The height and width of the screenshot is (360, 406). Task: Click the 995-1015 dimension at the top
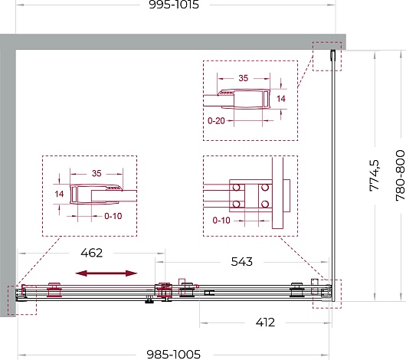pos(174,5)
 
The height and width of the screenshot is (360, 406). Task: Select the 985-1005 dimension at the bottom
pos(173,355)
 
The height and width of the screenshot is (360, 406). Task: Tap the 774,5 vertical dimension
pos(375,175)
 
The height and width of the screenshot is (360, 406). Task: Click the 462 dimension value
pos(92,253)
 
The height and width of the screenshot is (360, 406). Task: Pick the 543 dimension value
pos(241,262)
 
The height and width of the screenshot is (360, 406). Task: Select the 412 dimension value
pos(265,322)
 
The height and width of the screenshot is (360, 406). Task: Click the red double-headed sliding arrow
pos(106,273)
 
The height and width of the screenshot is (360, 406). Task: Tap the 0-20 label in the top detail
pos(216,121)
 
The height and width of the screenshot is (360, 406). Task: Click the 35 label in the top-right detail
pos(243,78)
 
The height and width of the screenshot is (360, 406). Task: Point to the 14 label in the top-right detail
pos(281,99)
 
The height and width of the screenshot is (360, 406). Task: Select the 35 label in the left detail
pos(97,173)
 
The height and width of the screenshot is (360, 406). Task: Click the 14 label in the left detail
pos(59,194)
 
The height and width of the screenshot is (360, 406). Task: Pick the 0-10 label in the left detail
pos(113,216)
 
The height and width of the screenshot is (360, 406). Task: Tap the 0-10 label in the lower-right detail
pos(221,221)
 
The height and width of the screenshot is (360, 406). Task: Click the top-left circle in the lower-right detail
pos(237,187)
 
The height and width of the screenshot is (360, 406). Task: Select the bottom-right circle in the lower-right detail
pos(265,204)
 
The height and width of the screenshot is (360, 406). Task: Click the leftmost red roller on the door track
pos(54,290)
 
